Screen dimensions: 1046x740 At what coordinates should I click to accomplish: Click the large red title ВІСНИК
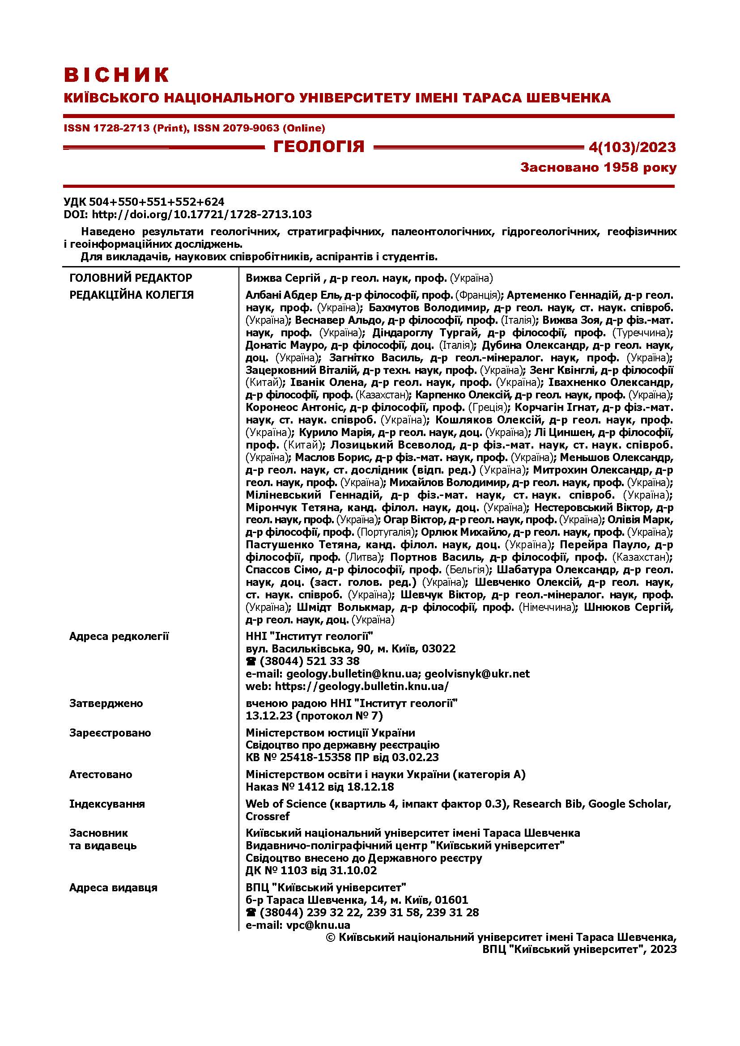(x=117, y=75)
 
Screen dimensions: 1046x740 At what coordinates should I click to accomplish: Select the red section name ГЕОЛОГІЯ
(x=319, y=147)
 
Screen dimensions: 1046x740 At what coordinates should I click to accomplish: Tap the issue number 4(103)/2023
(x=632, y=147)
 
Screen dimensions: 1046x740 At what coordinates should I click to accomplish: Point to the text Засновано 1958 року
(x=598, y=168)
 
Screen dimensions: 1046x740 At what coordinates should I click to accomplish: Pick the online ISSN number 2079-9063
(x=251, y=128)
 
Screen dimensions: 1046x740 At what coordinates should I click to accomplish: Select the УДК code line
(x=144, y=202)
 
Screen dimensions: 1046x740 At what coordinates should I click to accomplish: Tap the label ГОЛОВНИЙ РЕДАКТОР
(x=131, y=278)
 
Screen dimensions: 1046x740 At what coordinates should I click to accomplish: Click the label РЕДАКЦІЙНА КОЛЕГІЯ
(x=132, y=295)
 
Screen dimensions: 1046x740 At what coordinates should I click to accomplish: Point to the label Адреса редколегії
(x=119, y=636)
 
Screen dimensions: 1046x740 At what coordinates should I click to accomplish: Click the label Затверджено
(x=106, y=703)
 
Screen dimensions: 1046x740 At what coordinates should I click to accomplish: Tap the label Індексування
(x=107, y=804)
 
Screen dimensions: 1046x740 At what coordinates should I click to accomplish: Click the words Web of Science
(x=286, y=804)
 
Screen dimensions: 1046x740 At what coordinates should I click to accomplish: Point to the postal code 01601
(x=451, y=900)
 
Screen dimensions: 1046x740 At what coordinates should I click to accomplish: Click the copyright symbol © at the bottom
(x=331, y=938)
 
